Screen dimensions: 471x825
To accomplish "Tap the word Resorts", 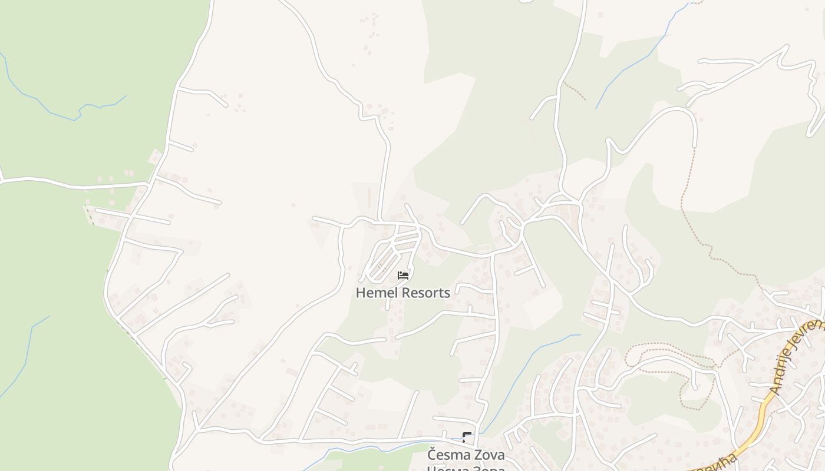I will pyautogui.click(x=427, y=293).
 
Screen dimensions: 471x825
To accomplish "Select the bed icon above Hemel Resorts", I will pyautogui.click(x=403, y=276).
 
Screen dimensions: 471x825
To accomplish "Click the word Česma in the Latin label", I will pyautogui.click(x=447, y=456).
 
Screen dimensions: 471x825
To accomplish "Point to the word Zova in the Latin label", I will pyautogui.click(x=489, y=456).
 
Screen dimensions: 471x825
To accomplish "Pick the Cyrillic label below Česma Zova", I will pyautogui.click(x=466, y=469).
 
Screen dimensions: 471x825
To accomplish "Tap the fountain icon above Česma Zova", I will pyautogui.click(x=467, y=437).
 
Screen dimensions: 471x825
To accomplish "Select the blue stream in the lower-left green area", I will pyautogui.click(x=27, y=353).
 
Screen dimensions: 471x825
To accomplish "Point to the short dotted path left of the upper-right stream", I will pyautogui.click(x=574, y=91).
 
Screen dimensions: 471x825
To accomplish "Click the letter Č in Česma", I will pyautogui.click(x=432, y=455).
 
